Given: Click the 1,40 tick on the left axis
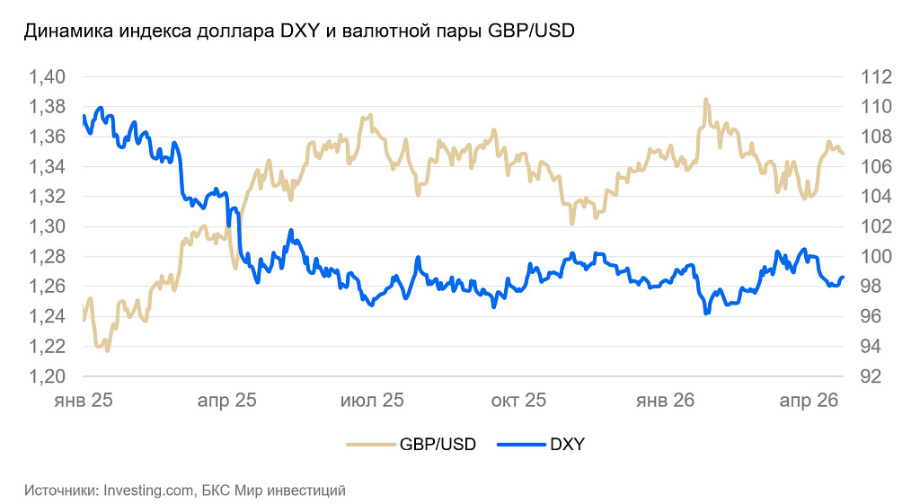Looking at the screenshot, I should [x=47, y=77].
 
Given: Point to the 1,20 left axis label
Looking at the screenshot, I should [x=47, y=376].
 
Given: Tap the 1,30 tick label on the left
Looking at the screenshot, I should [x=47, y=226].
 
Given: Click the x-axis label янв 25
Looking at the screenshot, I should [x=83, y=401].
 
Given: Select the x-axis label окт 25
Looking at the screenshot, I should [x=517, y=401].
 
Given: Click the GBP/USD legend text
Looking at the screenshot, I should [x=438, y=445].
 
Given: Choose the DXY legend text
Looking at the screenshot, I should [x=566, y=445].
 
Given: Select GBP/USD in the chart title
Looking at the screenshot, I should [x=530, y=31].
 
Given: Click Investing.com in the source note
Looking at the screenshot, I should [x=149, y=491].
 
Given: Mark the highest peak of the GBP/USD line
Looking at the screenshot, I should [x=705, y=99].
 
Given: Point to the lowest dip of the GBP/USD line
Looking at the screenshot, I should [x=108, y=350].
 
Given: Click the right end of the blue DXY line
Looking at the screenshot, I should [x=843, y=277].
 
